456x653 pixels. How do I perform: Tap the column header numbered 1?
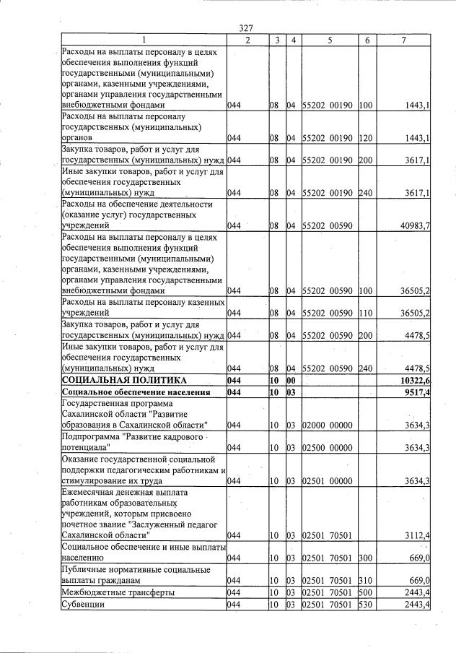[x=144, y=40]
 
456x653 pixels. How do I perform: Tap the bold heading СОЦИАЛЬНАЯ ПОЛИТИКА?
[x=124, y=380]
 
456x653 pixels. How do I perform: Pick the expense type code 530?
[x=365, y=604]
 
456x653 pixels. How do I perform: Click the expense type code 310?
[x=365, y=580]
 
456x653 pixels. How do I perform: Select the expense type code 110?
[x=365, y=314]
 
